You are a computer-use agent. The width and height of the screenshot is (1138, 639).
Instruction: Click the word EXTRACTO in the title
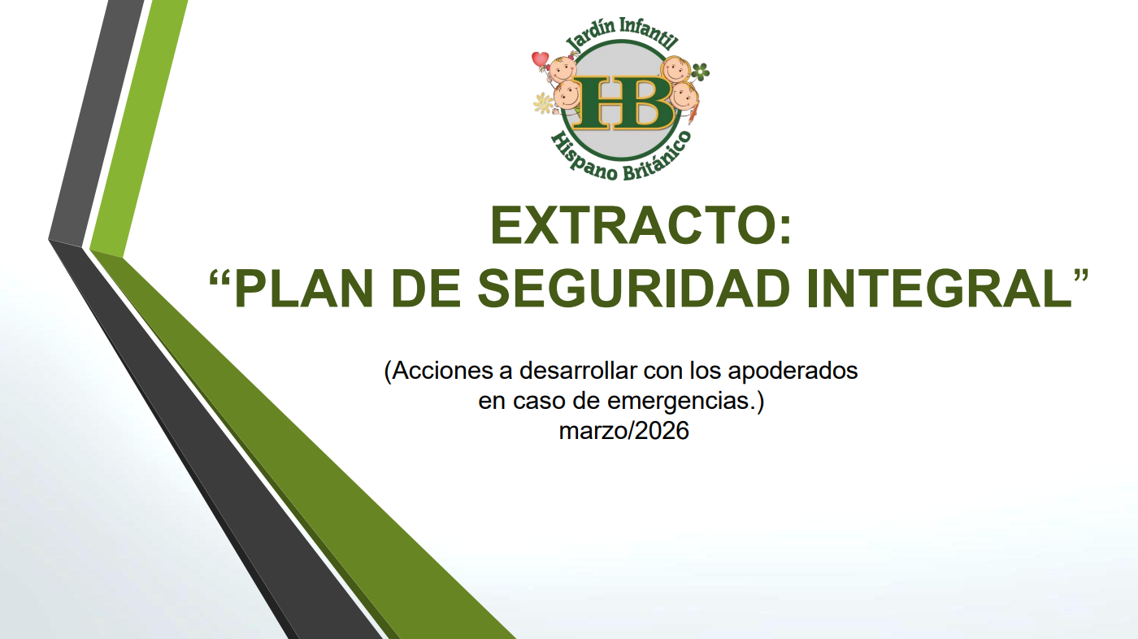point(632,225)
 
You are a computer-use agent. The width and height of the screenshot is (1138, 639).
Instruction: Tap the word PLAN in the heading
point(304,289)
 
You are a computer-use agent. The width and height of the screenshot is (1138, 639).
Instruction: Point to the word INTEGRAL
point(939,289)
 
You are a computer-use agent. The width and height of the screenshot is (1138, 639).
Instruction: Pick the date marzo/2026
point(624,431)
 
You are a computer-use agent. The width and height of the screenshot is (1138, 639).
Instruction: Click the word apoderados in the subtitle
point(793,372)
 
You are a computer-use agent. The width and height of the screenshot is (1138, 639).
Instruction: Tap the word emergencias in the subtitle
point(679,402)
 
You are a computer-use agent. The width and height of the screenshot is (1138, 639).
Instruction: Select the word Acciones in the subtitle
point(442,371)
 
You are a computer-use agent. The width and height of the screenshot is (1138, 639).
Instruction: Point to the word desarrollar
point(575,371)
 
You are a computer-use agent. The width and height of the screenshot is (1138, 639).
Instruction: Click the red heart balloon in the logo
point(540,59)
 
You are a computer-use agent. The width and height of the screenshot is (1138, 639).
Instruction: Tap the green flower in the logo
point(701,72)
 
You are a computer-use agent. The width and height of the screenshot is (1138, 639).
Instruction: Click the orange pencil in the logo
point(693,111)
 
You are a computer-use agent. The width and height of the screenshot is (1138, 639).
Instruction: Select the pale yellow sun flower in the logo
point(543,103)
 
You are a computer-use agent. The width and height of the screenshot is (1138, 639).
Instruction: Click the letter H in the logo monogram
point(598,102)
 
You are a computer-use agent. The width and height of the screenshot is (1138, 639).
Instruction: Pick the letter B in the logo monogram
point(647,102)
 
